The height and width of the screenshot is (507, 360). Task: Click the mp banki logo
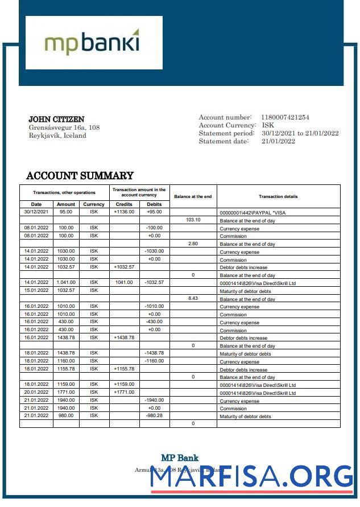click(93, 43)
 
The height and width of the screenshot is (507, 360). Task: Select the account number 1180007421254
click(285, 117)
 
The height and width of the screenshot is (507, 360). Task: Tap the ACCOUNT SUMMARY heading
click(80, 176)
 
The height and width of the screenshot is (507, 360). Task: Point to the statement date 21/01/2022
click(278, 141)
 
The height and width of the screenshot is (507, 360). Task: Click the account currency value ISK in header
click(268, 125)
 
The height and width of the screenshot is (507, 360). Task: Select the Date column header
click(36, 204)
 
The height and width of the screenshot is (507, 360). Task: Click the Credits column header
click(124, 204)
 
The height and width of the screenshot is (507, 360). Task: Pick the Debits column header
click(154, 204)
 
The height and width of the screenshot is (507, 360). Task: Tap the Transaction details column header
click(278, 196)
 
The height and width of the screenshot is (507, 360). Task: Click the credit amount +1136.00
click(124, 212)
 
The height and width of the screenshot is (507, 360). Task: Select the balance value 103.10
click(193, 220)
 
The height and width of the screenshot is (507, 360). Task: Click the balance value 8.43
click(193, 298)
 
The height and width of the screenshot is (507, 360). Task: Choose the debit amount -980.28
click(154, 416)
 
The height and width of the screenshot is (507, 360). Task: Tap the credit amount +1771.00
click(124, 392)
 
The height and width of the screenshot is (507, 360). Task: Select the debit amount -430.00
click(154, 321)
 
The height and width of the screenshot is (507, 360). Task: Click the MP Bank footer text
click(180, 458)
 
